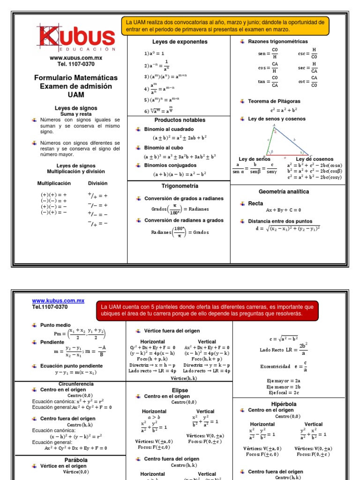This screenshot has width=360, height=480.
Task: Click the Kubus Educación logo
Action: pos(75,37)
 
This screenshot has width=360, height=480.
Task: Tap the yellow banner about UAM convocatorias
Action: pos(223,26)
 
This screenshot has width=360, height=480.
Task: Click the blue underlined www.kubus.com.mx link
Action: pos(58,300)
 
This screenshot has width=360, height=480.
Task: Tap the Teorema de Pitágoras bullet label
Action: pos(274,101)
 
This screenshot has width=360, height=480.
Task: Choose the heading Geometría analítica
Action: pos(284,192)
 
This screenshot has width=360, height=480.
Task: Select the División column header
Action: pos(97,183)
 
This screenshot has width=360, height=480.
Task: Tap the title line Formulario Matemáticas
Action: pos(75,77)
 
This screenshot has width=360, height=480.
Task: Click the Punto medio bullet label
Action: pos(55,325)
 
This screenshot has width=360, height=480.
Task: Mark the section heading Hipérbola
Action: pos(284,404)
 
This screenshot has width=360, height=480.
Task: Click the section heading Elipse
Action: pos(180,390)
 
